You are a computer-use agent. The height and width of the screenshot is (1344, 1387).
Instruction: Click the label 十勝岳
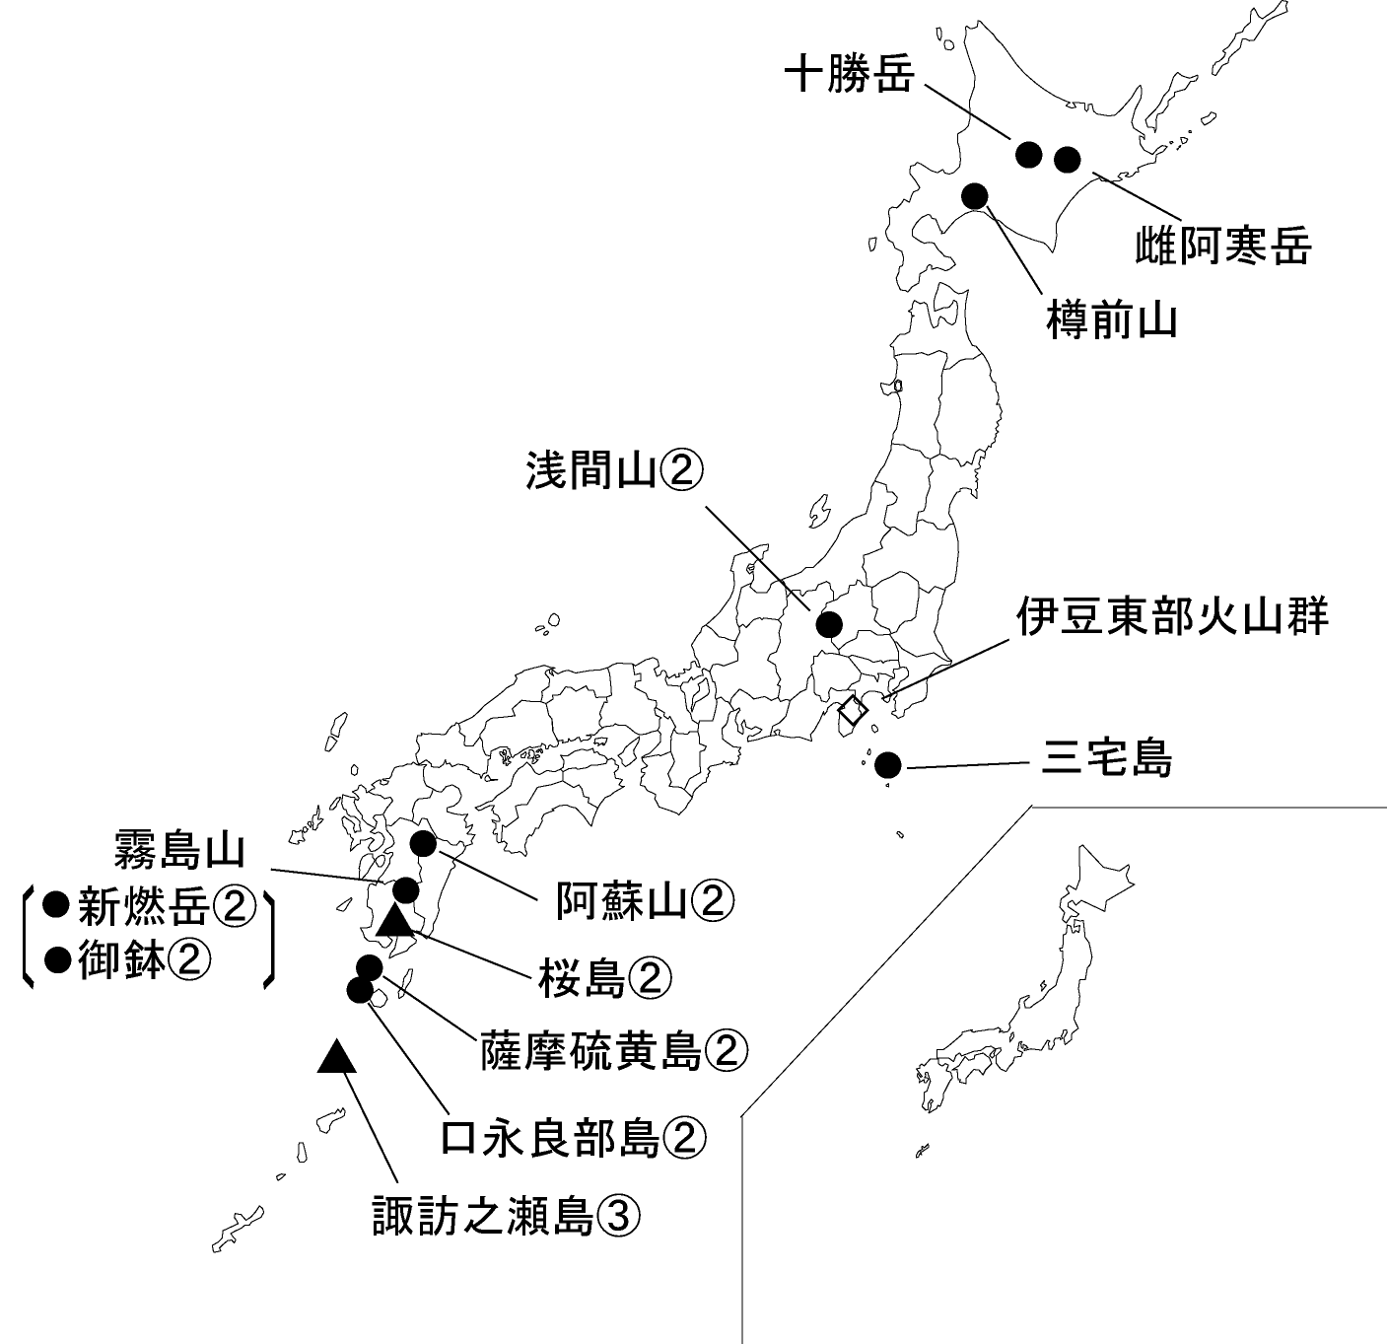pyautogui.click(x=849, y=75)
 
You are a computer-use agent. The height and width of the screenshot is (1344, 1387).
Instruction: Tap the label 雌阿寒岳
pyautogui.click(x=1223, y=244)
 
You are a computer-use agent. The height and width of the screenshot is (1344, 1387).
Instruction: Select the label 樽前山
pyautogui.click(x=1111, y=320)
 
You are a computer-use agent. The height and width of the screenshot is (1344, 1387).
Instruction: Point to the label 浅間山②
pyautogui.click(x=613, y=470)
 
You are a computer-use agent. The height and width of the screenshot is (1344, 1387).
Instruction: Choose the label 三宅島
pyautogui.click(x=1107, y=760)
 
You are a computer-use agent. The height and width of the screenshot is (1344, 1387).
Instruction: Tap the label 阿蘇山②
pyautogui.click(x=646, y=899)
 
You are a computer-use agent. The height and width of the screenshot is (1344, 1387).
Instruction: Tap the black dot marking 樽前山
pyautogui.click(x=975, y=195)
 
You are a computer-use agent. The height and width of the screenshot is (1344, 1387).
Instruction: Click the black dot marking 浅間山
pyautogui.click(x=829, y=624)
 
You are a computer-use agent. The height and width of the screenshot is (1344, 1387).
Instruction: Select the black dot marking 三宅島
pyautogui.click(x=888, y=764)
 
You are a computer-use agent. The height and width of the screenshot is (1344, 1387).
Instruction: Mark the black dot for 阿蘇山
pyautogui.click(x=423, y=843)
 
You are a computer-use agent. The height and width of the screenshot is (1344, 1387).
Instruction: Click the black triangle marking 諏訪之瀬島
pyautogui.click(x=337, y=1058)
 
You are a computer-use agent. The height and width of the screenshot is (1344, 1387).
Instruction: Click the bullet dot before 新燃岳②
pyautogui.click(x=57, y=902)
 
